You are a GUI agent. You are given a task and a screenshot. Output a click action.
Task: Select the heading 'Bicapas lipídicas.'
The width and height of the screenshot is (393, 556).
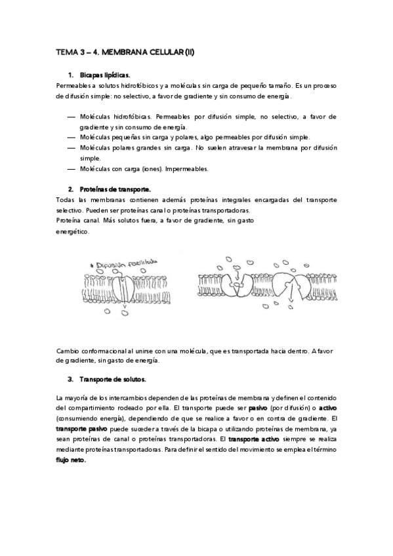[x=104, y=76]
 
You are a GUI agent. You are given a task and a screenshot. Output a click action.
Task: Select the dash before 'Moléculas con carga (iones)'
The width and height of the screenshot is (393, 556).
[x=71, y=169]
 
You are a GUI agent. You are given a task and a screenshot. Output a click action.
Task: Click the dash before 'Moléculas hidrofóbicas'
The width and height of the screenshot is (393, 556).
[x=71, y=116]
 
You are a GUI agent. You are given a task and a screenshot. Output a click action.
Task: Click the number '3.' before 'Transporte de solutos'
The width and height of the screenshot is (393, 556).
[x=71, y=380]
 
